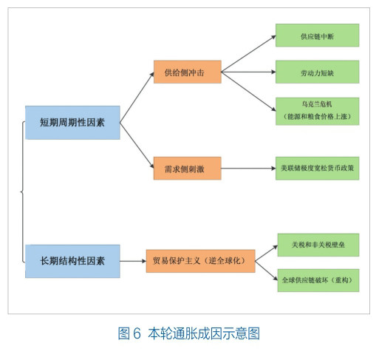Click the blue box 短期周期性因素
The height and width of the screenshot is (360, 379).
72,123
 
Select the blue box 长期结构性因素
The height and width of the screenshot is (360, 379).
72,261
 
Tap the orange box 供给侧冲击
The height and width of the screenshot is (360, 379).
188,72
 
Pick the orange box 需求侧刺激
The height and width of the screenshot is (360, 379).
188,169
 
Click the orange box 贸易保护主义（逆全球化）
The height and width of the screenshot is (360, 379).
200,261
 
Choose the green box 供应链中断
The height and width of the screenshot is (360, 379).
317,35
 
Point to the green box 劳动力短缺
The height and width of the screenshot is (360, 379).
317,72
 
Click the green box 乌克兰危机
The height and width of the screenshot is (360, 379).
317,112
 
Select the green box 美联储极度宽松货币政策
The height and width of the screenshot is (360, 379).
317,169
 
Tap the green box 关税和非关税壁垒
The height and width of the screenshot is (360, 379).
318,245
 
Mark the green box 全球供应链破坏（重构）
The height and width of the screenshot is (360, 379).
318,280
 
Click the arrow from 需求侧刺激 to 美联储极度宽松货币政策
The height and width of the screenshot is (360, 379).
248,169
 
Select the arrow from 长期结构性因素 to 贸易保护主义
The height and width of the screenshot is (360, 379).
133,261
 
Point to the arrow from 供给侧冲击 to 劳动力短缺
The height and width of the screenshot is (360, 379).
248,72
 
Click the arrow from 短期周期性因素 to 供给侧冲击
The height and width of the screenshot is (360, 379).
137,98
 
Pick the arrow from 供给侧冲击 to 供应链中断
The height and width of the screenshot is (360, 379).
248,54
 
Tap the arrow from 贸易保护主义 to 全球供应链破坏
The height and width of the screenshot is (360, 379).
267,271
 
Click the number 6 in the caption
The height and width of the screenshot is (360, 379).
137,333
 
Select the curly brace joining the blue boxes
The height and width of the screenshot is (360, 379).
23,191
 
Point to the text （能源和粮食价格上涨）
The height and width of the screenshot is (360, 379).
317,116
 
